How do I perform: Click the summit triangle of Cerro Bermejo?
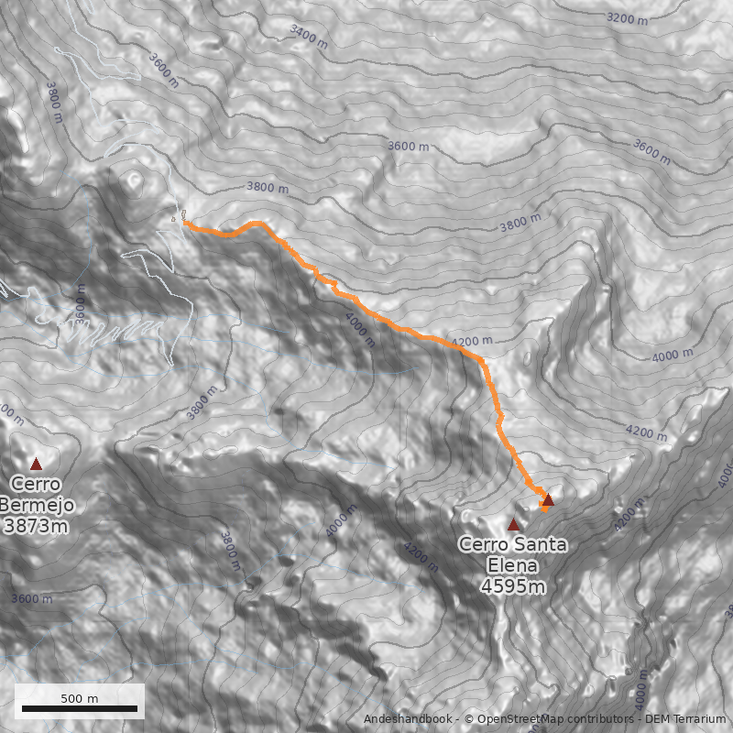pos(36,464)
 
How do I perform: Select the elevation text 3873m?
pos(36,526)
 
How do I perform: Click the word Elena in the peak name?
pos(512,565)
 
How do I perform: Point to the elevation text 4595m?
pos(512,586)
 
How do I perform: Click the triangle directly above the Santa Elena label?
pos(513,524)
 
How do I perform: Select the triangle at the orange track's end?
pos(548,499)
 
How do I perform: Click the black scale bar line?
pos(80,708)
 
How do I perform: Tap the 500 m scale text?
pos(80,698)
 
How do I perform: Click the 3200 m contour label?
pos(628,17)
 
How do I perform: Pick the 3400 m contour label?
pos(308,36)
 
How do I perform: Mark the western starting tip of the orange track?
pos(185,223)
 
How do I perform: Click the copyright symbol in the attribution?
pos(469,718)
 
